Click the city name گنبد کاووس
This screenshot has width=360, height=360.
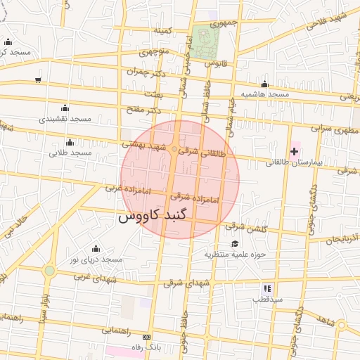point(154,217)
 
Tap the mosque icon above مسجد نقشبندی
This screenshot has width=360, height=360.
point(65,108)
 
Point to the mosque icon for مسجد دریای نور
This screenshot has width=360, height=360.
point(96,248)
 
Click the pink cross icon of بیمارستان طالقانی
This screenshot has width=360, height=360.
point(294,151)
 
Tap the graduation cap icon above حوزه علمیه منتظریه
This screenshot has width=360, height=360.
point(234,243)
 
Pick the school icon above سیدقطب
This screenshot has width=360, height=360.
point(267,288)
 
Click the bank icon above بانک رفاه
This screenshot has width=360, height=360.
point(146,337)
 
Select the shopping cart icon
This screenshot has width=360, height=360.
point(37,79)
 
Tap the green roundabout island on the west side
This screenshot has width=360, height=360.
point(49,271)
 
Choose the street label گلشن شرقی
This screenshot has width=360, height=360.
point(246,228)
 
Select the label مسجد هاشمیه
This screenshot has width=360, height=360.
point(265,94)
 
